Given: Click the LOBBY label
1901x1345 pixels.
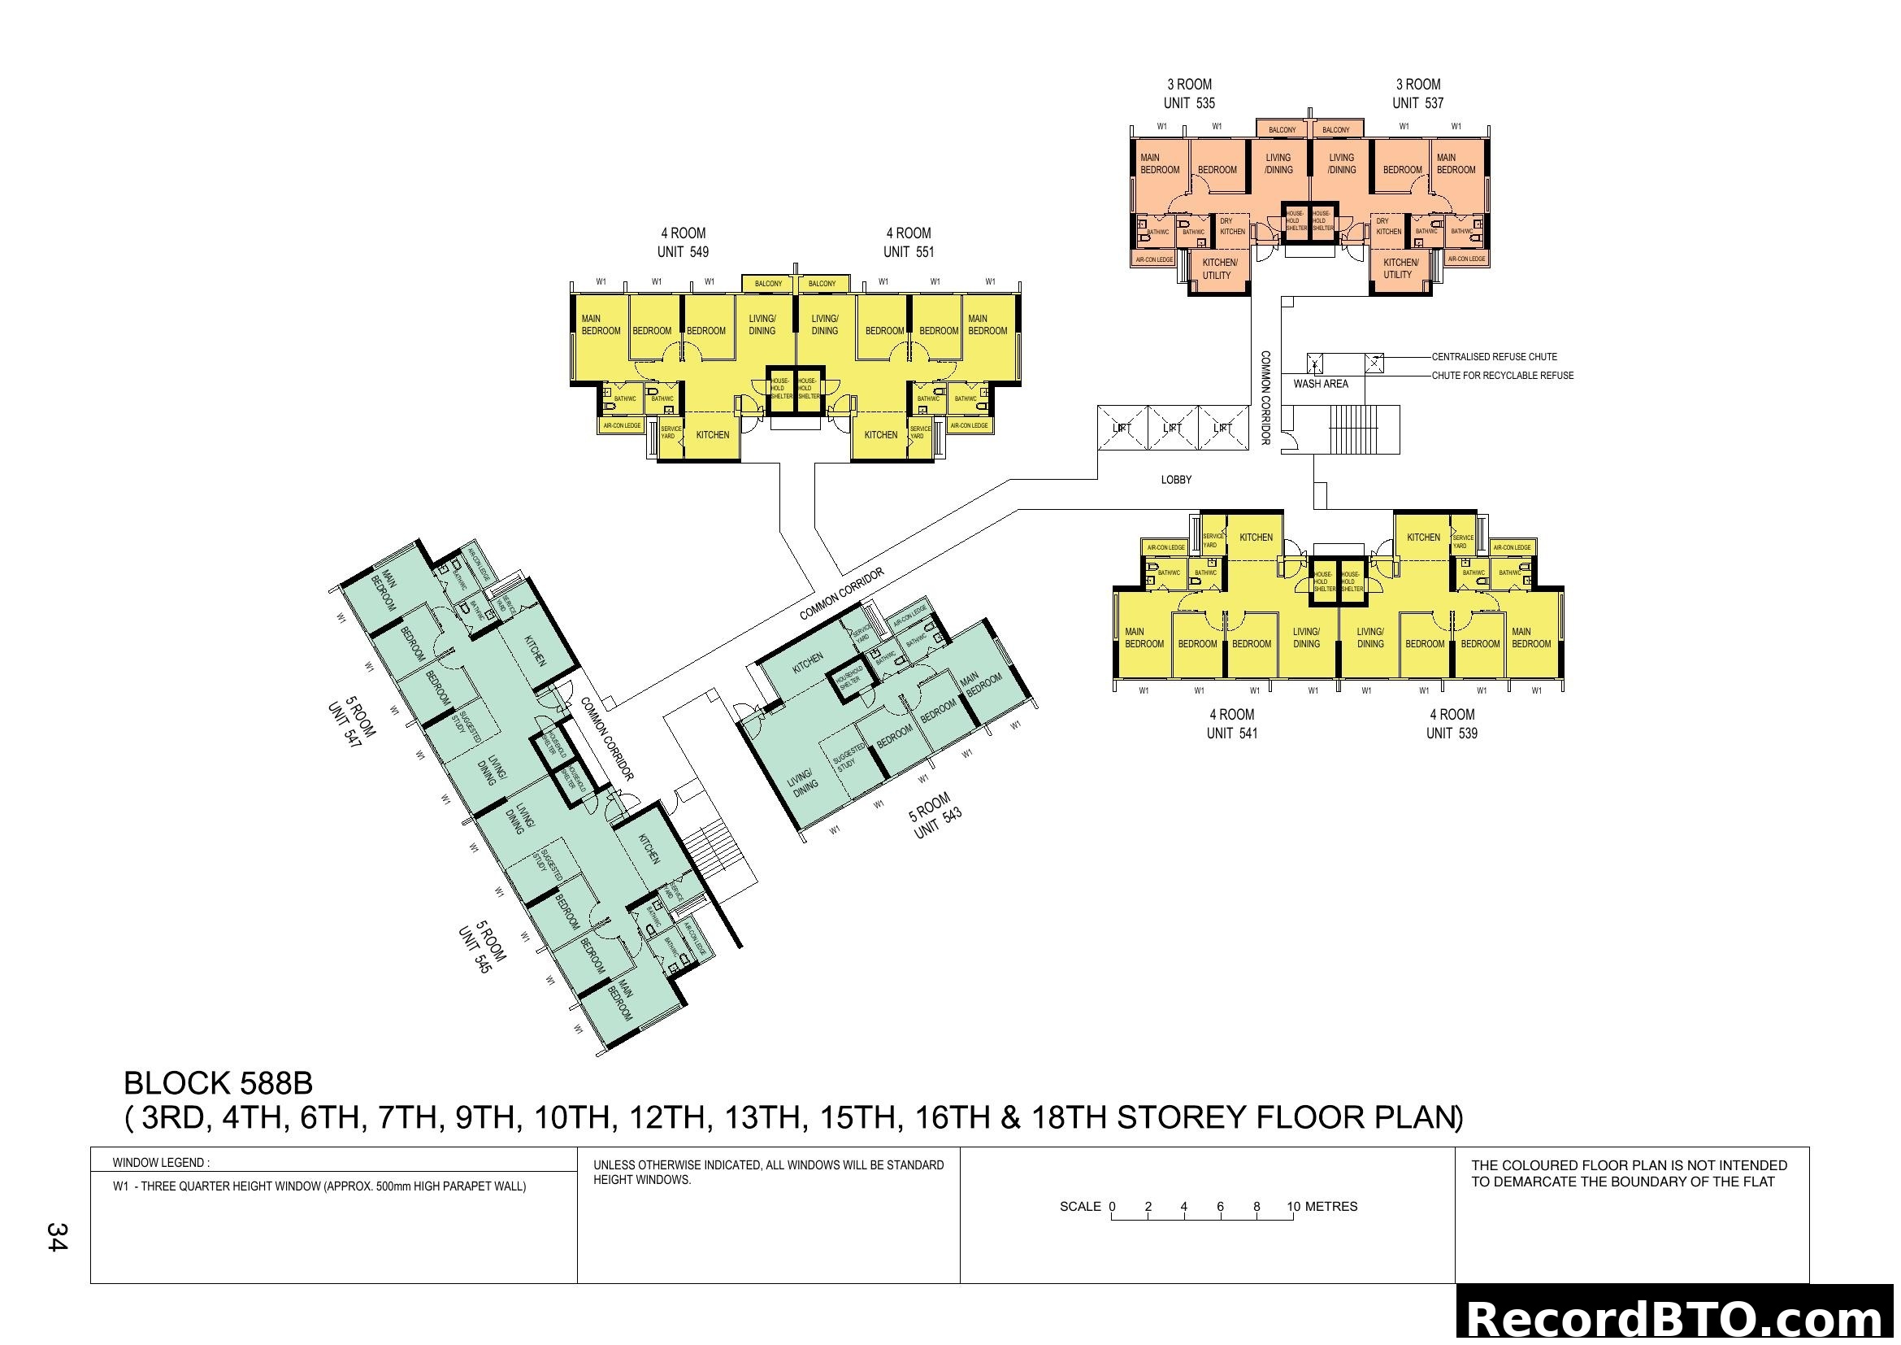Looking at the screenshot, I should tap(1176, 480).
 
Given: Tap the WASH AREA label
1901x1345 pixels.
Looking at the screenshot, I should tap(1321, 384).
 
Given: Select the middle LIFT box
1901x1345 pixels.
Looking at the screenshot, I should tap(1173, 429).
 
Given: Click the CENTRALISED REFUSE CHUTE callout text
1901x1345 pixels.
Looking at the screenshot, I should tap(1494, 357).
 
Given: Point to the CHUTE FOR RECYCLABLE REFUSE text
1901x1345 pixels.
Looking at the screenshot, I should tap(1502, 375).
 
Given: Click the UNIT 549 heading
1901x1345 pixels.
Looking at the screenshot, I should tap(682, 252).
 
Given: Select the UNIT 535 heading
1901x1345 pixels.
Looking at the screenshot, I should tap(1189, 103).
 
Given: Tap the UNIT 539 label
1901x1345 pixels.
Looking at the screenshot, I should tap(1452, 733).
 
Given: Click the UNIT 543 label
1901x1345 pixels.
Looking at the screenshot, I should tap(937, 823).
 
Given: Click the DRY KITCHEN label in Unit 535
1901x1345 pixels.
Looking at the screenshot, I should tap(1231, 226).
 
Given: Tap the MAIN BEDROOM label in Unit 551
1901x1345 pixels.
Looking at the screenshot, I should tap(987, 324).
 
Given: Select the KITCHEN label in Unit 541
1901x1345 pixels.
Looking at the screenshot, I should tap(1255, 538).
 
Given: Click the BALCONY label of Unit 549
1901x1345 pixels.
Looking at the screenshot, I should tap(767, 283).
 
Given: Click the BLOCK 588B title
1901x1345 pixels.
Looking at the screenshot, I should tap(218, 1083).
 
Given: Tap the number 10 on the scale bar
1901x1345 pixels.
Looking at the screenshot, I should tap(1293, 1207).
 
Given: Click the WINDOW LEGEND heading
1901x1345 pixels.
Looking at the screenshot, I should tap(161, 1163).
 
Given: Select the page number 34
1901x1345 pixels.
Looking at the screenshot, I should tap(57, 1238).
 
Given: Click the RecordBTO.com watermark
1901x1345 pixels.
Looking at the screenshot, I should tap(1676, 1318).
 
